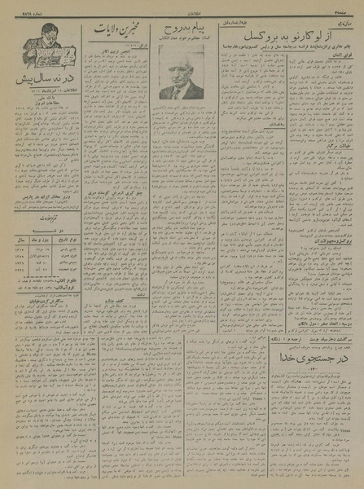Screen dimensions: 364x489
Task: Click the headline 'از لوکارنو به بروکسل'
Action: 289,38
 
